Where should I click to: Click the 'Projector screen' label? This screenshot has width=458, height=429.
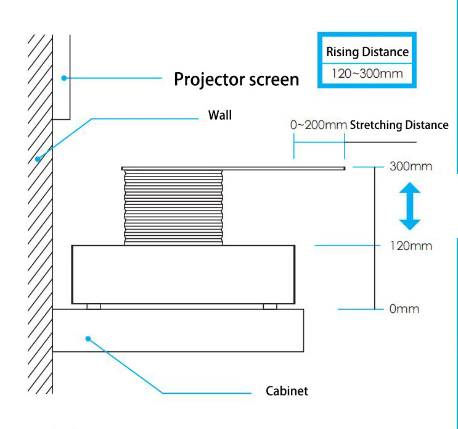(x=236, y=79)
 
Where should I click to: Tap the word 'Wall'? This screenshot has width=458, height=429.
(x=220, y=115)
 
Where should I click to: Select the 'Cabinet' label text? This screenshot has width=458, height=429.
(x=287, y=391)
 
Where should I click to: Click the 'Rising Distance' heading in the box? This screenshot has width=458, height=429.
(x=367, y=52)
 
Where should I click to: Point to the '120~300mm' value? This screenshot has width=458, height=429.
(x=367, y=73)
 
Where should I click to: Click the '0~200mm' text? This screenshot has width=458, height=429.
(x=318, y=125)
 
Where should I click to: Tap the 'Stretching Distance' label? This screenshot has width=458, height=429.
(x=399, y=125)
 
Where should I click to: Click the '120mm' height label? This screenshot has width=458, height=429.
(x=410, y=246)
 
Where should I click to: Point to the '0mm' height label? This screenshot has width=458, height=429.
(x=404, y=308)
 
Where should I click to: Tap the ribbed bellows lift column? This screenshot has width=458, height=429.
(x=173, y=207)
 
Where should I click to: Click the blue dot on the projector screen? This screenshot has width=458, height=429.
(x=63, y=78)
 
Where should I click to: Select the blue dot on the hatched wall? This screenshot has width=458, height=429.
(x=38, y=159)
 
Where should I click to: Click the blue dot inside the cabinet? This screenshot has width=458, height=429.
(x=88, y=338)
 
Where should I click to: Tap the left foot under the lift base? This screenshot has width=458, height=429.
(x=94, y=306)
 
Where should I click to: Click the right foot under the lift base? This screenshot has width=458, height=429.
(x=269, y=306)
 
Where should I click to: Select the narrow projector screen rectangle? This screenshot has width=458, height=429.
(x=61, y=77)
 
